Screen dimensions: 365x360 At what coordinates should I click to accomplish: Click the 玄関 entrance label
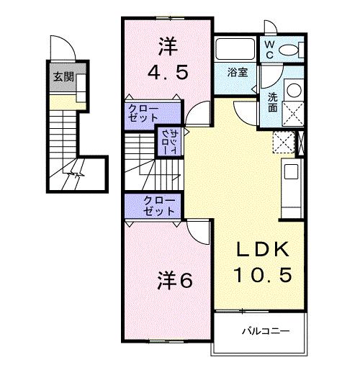[x=63, y=78]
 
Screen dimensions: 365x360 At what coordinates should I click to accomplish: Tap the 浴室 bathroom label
[x=238, y=73]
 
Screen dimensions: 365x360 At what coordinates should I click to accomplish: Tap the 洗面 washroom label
[x=274, y=102]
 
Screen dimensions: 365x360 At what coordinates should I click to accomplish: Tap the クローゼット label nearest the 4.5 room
[x=144, y=113]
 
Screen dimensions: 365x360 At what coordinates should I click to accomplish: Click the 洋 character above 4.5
[x=168, y=45]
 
